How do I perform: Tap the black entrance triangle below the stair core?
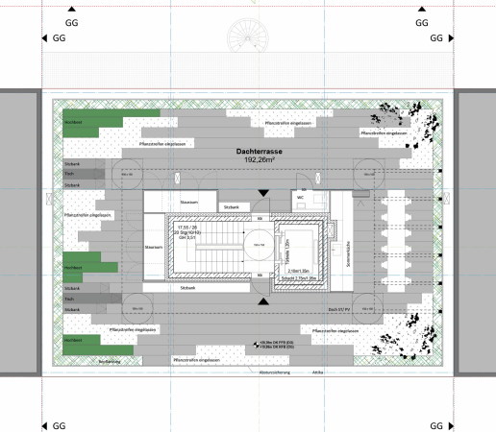click(261, 301)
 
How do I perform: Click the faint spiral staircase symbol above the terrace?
click(247, 38)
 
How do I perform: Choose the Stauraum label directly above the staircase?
click(188, 201)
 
